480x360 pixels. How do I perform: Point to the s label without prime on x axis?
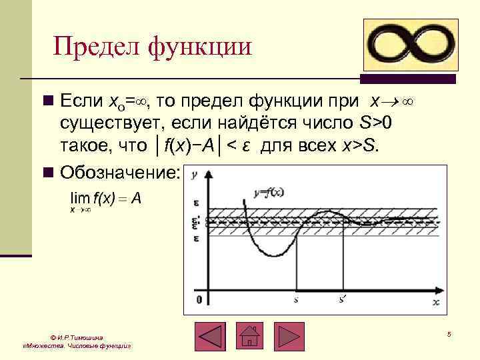[295, 300]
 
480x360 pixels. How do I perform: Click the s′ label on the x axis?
[341, 300]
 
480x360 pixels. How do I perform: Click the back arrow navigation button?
[209, 337]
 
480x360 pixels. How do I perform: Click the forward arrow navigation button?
[289, 337]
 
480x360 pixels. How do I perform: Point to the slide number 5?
[449, 333]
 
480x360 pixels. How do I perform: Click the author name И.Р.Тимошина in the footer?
[80, 338]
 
